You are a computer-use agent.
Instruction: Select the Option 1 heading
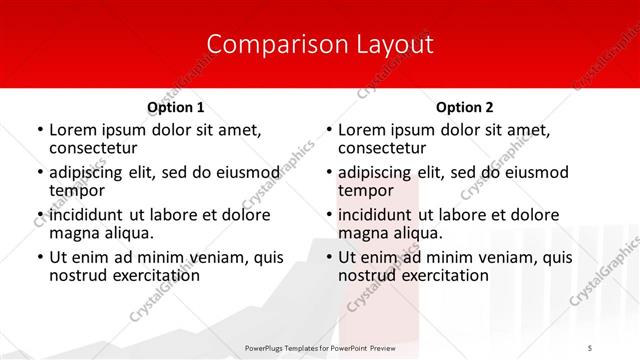(175, 107)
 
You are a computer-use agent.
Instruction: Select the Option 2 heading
(465, 107)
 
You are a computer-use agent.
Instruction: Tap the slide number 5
(591, 347)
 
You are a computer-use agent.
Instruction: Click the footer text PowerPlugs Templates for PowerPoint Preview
(320, 347)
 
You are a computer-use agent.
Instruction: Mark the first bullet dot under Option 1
(39, 130)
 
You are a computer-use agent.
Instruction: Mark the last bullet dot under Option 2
(329, 258)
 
